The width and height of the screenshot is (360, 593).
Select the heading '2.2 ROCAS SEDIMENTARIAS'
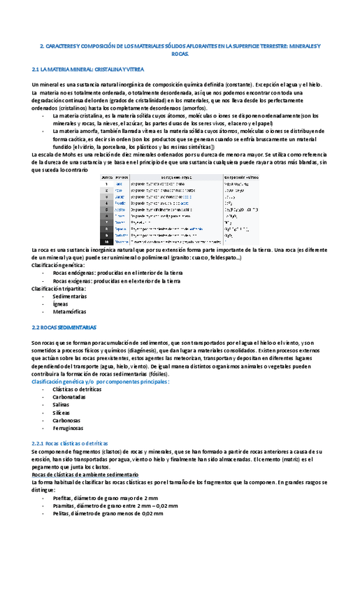click(64, 327)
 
